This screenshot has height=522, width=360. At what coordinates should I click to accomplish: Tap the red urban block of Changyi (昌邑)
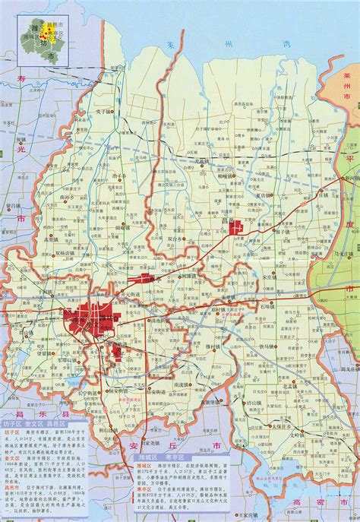point(238,226)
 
